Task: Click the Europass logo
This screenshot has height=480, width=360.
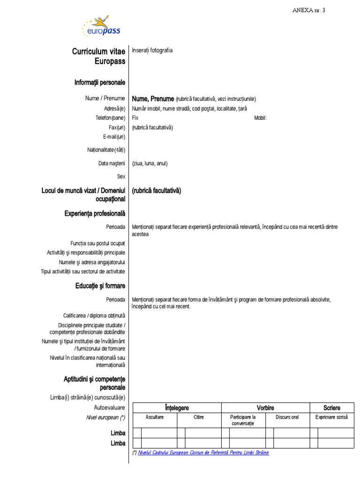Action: (101, 28)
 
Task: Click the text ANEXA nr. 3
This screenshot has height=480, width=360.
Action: (308, 10)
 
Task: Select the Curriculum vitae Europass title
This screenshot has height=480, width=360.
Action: (98, 56)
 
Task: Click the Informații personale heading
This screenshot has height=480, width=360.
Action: (99, 82)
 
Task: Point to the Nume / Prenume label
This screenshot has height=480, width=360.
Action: (105, 98)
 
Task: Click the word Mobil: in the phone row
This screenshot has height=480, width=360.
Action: (260, 118)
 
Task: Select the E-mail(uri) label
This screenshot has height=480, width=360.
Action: (114, 136)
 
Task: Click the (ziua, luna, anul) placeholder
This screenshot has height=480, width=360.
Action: (150, 164)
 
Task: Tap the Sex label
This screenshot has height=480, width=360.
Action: (121, 177)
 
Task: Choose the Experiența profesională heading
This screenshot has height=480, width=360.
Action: (95, 214)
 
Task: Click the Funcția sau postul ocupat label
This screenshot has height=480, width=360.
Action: (97, 244)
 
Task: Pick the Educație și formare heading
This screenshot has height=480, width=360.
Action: (100, 286)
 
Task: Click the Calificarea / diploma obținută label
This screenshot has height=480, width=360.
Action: (94, 315)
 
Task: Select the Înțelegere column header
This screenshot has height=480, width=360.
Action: (177, 408)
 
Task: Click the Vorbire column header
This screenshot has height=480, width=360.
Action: (265, 408)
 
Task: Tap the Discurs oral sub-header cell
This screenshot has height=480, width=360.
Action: (287, 417)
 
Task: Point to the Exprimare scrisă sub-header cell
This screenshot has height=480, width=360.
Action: (332, 417)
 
